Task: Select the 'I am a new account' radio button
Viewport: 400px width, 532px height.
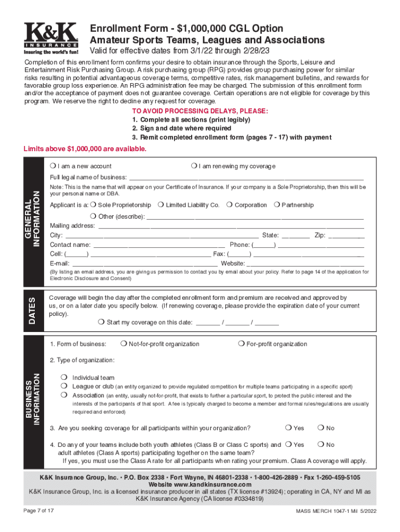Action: (53, 166)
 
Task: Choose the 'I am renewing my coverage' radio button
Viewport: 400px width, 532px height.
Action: (193, 166)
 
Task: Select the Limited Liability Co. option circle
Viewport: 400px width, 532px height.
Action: (161, 205)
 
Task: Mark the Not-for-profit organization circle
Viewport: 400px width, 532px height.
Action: (124, 344)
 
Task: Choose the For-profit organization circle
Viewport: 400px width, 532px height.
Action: (241, 344)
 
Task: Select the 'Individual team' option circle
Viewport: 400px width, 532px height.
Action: (63, 377)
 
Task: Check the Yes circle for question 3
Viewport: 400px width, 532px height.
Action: (288, 428)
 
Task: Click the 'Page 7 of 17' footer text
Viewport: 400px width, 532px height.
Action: (39, 511)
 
